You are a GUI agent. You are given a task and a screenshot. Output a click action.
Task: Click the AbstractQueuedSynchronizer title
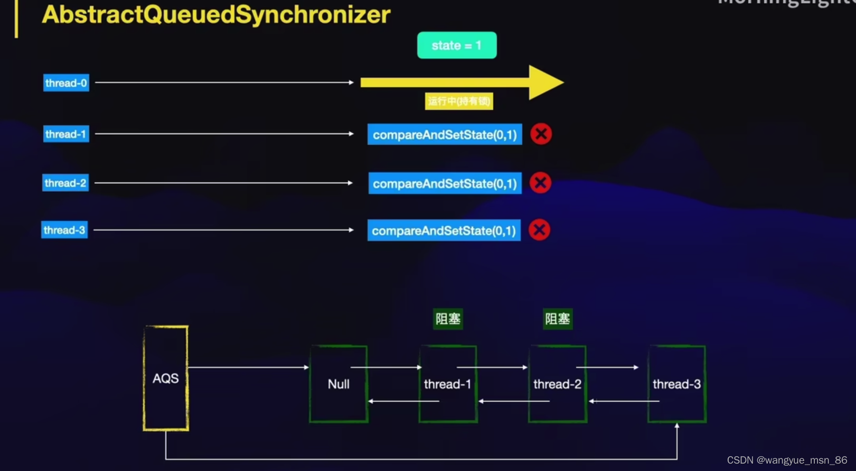coord(216,15)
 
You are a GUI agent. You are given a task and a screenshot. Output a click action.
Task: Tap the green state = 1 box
coord(457,45)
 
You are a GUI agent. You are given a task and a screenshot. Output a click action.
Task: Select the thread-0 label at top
coord(66,83)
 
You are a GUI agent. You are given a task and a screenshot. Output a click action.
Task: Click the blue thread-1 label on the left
coord(65,134)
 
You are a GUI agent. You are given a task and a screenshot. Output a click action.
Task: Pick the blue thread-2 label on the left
coord(65,183)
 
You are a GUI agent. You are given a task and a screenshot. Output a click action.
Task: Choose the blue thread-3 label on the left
coord(64,230)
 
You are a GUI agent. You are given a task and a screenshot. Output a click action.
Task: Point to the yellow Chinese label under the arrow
coord(459,101)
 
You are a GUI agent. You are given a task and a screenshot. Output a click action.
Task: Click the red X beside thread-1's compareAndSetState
coord(541,134)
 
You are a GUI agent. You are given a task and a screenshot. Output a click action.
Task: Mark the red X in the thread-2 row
coord(540,183)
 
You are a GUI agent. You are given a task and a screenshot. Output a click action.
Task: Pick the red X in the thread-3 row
coord(539,230)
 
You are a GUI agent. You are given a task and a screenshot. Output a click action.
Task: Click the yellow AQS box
coord(166,378)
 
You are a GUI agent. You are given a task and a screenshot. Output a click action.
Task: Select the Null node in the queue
coord(338,384)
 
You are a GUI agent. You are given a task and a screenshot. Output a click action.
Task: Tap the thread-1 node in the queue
coord(448,384)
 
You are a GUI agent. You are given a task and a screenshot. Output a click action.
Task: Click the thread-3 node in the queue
coord(677,384)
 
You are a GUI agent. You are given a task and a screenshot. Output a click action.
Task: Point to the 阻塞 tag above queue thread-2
coord(558,319)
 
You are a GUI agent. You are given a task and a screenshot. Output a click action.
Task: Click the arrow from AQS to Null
coord(248,367)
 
